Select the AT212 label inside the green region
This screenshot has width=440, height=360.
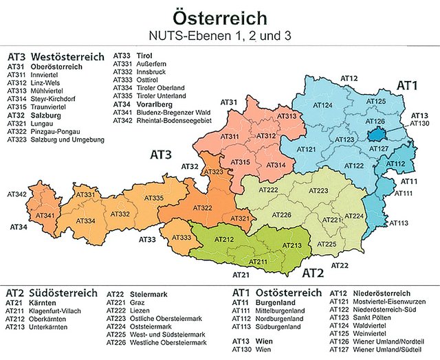click(x=224, y=239)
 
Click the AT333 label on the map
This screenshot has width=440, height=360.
click(x=181, y=237)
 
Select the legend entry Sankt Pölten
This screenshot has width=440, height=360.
click(x=379, y=318)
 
